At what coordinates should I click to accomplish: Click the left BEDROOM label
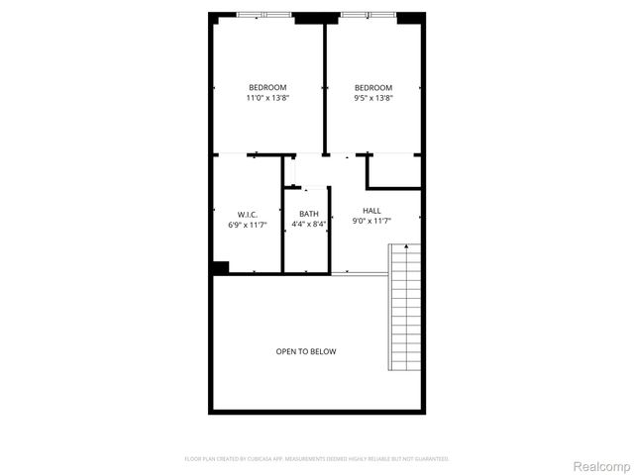pos(266,87)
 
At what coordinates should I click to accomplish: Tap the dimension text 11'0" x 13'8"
pos(266,98)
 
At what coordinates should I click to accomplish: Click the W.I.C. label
pos(248,215)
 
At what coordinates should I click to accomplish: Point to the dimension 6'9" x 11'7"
pos(248,226)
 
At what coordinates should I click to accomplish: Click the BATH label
pos(309,214)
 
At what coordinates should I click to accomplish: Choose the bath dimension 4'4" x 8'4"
pos(309,225)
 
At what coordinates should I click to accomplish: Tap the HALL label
pos(371,210)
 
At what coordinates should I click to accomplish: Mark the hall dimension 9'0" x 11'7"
pos(371,221)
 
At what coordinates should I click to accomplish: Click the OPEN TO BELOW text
pos(306,351)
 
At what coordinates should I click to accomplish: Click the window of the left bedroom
pos(264,15)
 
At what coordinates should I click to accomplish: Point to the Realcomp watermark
pos(602,465)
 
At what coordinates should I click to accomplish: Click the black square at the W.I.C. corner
pos(220,267)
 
